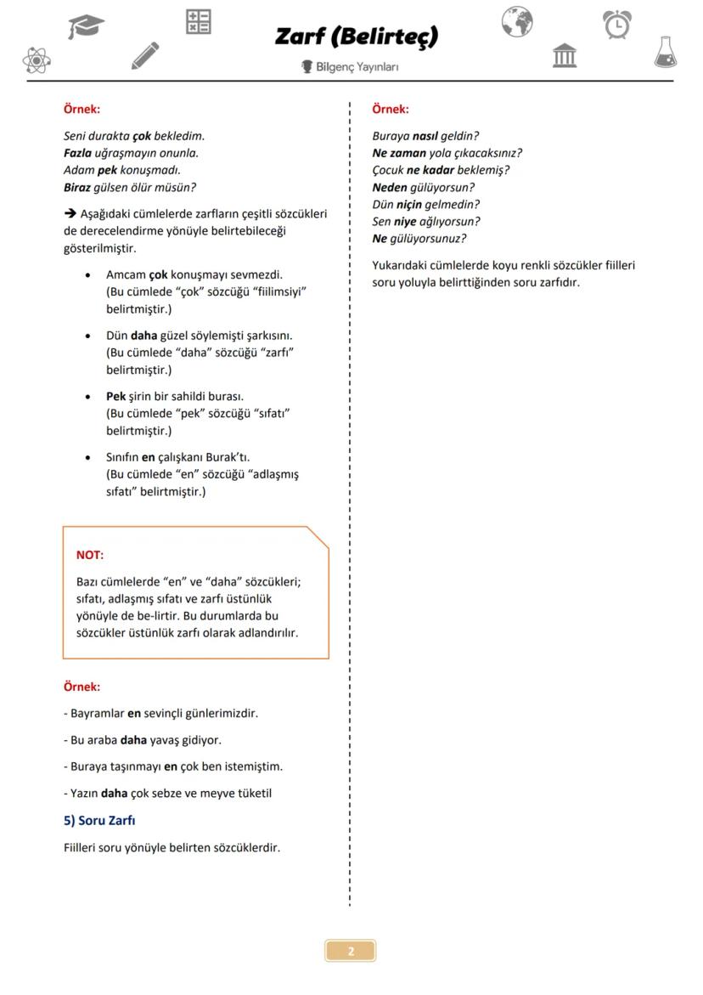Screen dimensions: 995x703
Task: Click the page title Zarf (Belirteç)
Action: (357, 37)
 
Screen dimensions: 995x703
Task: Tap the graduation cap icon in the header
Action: (87, 26)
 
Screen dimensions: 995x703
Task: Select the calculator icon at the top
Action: (198, 22)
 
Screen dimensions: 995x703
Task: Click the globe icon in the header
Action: (516, 21)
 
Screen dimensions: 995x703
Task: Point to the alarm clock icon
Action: (617, 24)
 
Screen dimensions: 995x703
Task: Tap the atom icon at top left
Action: (36, 59)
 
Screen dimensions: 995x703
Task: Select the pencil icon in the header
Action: (145, 55)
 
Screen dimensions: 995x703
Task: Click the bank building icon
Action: (565, 56)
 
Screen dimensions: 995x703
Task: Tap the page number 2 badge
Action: (351, 951)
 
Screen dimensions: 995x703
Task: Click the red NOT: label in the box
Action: (90, 555)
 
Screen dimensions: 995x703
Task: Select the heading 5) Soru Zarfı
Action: (99, 820)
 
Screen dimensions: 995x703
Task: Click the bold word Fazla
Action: (77, 153)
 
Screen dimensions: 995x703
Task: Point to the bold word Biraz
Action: (76, 187)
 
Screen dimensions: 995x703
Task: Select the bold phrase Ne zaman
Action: (399, 153)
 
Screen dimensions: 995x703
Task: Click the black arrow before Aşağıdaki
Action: (70, 213)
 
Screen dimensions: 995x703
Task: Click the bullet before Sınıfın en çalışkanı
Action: (88, 457)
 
